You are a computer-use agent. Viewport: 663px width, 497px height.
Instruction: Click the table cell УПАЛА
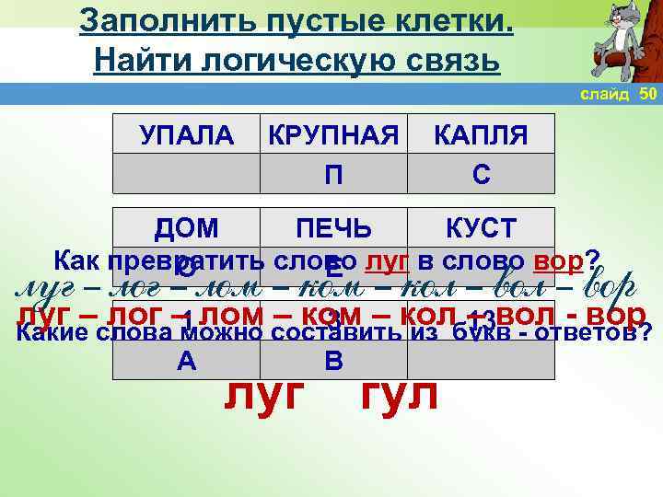pyautogui.click(x=187, y=136)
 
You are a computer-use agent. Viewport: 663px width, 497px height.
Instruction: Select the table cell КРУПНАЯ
pyautogui.click(x=333, y=136)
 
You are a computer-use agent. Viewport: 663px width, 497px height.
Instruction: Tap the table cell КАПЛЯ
pyautogui.click(x=481, y=136)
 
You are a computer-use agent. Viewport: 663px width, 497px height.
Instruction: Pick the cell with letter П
pyautogui.click(x=333, y=175)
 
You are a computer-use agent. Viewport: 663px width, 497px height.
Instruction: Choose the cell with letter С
pyautogui.click(x=481, y=175)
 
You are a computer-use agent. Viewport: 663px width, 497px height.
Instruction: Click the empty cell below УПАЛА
pyautogui.click(x=187, y=175)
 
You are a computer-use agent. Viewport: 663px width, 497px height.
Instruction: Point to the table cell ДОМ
pyautogui.click(x=187, y=228)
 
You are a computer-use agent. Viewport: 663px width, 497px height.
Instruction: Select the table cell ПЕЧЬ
pyautogui.click(x=333, y=228)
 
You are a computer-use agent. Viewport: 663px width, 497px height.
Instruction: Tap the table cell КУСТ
pyautogui.click(x=481, y=228)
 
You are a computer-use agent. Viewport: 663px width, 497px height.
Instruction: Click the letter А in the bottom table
pyautogui.click(x=187, y=362)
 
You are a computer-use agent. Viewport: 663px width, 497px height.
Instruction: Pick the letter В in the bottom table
pyautogui.click(x=333, y=362)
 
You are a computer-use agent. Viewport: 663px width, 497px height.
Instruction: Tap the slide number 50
pyautogui.click(x=647, y=94)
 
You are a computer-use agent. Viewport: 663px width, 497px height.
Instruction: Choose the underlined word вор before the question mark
pyautogui.click(x=558, y=260)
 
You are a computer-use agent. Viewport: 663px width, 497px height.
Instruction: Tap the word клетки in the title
pyautogui.click(x=452, y=20)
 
